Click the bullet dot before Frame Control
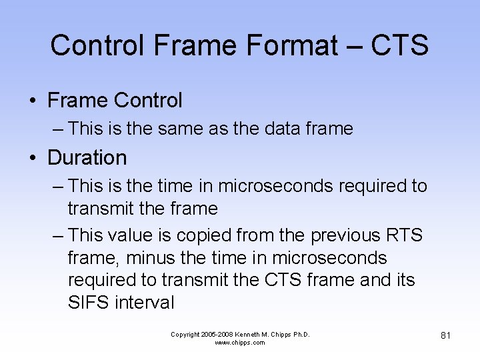[x=32, y=101]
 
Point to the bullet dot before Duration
[x=32, y=159]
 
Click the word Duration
[x=87, y=158]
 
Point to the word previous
[x=339, y=235]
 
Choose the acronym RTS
[x=403, y=235]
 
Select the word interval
[x=144, y=303]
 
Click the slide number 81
[x=445, y=335]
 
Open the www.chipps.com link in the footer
[x=240, y=343]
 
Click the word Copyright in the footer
[x=185, y=334]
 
